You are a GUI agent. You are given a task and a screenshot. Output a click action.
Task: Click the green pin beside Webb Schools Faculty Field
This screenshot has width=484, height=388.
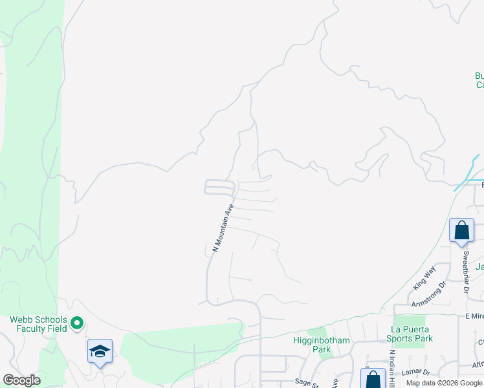point(77,321)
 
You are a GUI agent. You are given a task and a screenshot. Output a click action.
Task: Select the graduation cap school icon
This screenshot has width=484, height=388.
point(100,351)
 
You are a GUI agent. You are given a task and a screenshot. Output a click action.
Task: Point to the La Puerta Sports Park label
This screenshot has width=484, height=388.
point(410,334)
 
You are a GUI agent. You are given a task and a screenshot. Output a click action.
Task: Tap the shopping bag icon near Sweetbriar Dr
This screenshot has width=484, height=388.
point(461,230)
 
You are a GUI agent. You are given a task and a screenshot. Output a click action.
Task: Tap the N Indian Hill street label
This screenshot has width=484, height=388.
point(391,369)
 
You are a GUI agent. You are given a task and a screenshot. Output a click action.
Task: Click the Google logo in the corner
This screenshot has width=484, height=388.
point(21,380)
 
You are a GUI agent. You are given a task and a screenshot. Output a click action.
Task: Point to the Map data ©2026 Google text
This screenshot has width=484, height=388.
point(444,383)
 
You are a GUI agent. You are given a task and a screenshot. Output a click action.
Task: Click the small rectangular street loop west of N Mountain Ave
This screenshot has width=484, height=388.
point(219,187)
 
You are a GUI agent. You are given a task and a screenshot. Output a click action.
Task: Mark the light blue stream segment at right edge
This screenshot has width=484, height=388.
point(467,173)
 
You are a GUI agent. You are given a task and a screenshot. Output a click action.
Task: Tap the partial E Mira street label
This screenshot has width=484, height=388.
point(474,316)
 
